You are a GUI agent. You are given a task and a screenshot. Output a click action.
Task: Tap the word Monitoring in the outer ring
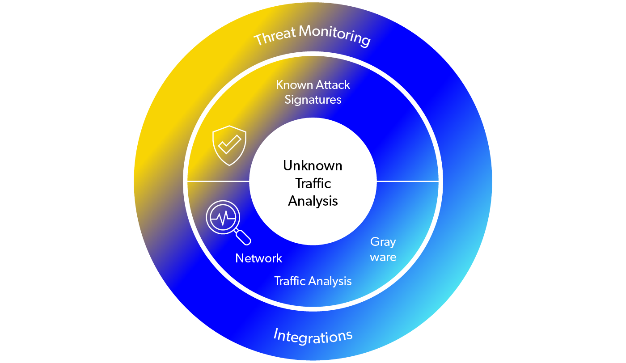[335, 35]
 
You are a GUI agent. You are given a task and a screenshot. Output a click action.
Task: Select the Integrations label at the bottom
[313, 336]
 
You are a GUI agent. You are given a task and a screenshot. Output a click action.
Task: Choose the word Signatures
[313, 99]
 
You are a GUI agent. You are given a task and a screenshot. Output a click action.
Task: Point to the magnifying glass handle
[243, 237]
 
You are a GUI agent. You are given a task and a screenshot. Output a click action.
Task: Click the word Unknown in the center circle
[313, 166]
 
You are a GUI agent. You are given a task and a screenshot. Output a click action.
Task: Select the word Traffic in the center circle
[313, 183]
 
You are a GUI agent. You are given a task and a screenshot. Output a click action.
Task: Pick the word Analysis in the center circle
[313, 201]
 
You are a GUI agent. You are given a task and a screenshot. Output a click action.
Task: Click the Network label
[258, 258]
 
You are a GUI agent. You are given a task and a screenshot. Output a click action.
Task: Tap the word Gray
[383, 242]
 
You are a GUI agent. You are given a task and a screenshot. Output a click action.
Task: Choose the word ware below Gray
[383, 257]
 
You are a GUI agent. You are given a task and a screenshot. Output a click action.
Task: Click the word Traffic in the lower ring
[289, 281]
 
